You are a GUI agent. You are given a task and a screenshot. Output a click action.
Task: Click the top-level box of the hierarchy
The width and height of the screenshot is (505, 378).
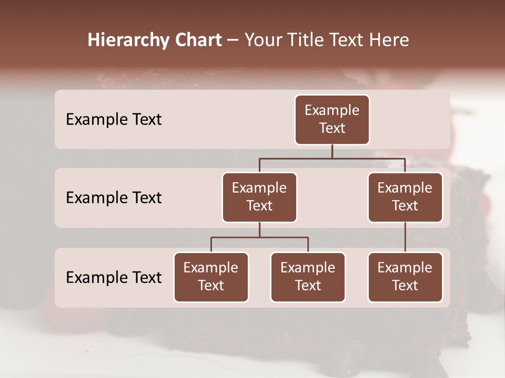(332, 120)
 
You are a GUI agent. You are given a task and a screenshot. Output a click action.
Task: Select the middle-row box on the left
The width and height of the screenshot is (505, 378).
(259, 197)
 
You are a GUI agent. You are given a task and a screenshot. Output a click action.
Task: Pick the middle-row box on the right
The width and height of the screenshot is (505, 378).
(405, 197)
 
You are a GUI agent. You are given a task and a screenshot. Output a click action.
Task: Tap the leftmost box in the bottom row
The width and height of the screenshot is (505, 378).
(211, 277)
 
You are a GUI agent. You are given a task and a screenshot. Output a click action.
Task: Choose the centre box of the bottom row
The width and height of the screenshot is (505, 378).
(308, 277)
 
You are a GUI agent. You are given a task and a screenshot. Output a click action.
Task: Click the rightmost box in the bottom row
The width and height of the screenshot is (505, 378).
(405, 277)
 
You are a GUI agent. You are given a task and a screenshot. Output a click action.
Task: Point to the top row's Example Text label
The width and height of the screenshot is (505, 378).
(114, 120)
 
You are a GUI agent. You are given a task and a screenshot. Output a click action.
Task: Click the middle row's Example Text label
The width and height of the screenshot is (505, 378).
(114, 198)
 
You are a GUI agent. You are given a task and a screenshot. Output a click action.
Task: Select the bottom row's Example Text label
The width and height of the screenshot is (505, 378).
(114, 277)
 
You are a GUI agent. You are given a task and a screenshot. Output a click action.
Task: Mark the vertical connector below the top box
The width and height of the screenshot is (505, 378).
(332, 152)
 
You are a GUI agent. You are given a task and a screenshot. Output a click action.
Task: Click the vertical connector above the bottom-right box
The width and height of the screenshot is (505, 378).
(405, 237)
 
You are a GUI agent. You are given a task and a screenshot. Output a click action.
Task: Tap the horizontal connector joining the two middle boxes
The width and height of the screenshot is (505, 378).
(332, 159)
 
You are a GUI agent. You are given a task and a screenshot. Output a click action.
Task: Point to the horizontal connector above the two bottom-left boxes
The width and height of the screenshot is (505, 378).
(259, 237)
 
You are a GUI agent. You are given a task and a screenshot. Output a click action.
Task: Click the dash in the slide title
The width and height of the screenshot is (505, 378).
(233, 40)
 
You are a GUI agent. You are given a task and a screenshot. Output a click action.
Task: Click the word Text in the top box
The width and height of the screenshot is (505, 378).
(332, 128)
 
